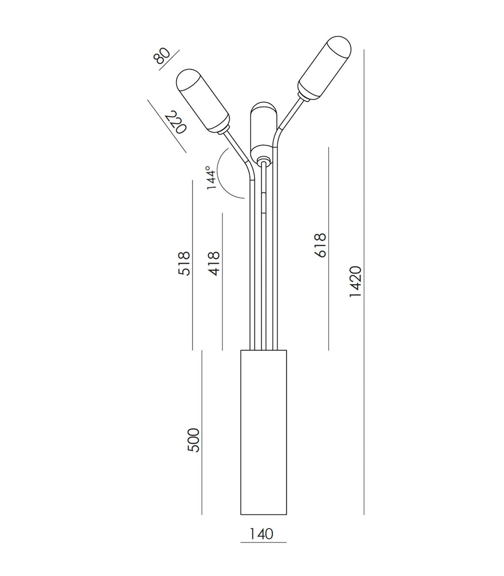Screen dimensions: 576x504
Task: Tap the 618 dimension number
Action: tap(320, 245)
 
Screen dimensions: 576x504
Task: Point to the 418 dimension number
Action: tap(214, 263)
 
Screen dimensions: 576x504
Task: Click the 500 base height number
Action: tap(194, 440)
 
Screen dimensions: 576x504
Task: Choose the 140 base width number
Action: tap(261, 534)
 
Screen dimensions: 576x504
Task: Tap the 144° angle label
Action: tap(211, 178)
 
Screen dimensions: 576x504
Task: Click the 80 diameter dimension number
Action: tap(162, 56)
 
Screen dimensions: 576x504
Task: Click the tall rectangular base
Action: tap(263, 432)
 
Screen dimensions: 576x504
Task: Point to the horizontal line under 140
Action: tap(263, 543)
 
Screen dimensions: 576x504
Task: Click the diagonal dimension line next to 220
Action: tap(166, 126)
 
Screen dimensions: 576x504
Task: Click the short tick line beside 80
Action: tap(170, 60)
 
